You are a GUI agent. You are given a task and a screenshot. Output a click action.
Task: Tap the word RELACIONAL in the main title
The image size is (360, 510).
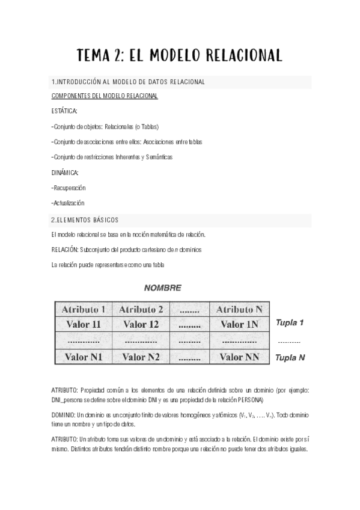244,56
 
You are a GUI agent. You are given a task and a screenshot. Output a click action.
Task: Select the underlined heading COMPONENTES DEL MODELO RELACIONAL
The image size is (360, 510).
105,96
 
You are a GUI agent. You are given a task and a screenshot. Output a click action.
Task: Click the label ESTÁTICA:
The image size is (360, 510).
64,112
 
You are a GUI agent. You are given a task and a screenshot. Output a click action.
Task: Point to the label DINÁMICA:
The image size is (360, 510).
65,173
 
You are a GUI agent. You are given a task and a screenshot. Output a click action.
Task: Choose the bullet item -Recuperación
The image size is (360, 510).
69,188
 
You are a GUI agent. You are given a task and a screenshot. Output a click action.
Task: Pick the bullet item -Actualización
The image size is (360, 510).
68,203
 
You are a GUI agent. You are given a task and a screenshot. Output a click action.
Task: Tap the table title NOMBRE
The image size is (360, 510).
162,288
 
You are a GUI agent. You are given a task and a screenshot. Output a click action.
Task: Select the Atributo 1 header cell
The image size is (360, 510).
83,310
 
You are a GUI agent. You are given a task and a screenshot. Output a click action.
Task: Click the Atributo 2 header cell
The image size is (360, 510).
141,310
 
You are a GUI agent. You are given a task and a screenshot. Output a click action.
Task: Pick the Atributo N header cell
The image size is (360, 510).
239,310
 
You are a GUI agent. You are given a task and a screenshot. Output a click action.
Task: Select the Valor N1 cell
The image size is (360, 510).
83,357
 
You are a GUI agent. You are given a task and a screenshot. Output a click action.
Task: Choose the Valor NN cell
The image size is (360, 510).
239,357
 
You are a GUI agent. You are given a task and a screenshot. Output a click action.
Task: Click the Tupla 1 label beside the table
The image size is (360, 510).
290,323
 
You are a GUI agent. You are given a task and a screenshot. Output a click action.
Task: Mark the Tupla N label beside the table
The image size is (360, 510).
290,357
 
